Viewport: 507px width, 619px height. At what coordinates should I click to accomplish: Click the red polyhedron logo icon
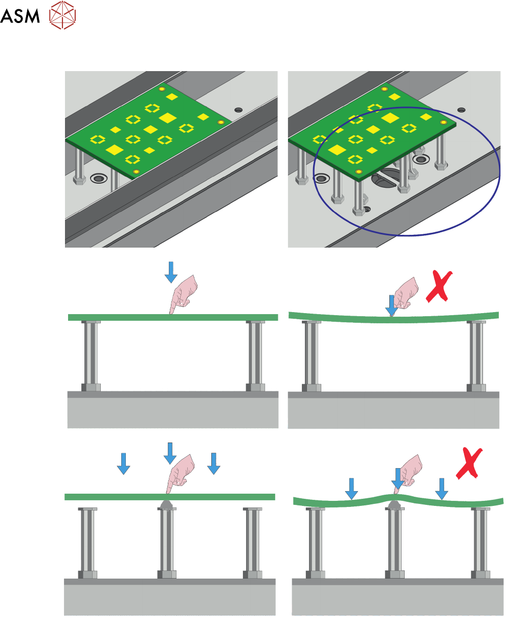click(62, 15)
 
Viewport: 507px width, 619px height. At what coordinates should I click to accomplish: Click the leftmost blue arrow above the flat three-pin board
click(123, 463)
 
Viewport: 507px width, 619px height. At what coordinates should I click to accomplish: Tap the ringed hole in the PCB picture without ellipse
click(98, 179)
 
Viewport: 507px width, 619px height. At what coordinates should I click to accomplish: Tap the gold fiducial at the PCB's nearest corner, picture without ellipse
click(136, 171)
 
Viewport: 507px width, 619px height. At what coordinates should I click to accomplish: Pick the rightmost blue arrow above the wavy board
click(441, 488)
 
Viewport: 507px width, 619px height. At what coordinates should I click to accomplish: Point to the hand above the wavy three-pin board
click(411, 471)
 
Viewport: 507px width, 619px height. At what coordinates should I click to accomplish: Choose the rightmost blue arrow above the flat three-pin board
click(214, 463)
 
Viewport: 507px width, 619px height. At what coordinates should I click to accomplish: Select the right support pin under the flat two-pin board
click(255, 356)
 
